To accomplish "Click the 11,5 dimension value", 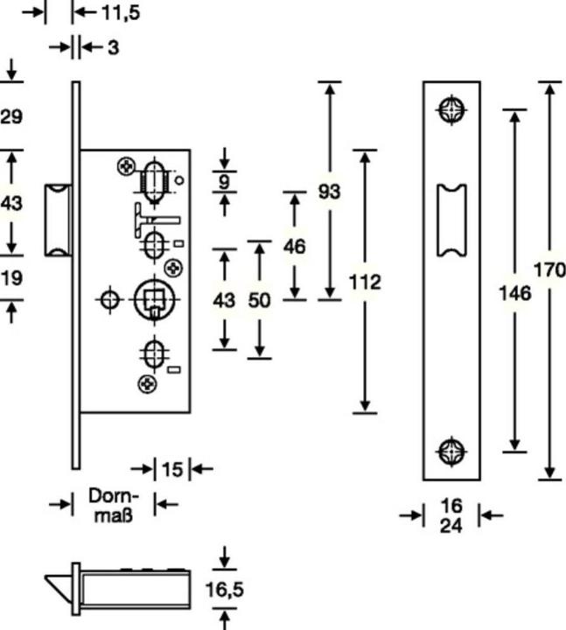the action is coord(121,12).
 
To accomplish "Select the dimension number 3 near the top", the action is coord(113,48).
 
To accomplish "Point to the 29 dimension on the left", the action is coord(11,116).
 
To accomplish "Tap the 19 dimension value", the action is coord(11,277).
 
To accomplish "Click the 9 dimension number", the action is coord(224,182).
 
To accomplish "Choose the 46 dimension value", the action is coord(295,246).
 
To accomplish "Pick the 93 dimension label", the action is coord(330,192).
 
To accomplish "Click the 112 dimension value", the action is coord(365,282).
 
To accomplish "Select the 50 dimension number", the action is coord(259,300).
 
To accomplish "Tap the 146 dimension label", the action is coord(515,293).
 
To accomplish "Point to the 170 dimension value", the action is coord(549,269).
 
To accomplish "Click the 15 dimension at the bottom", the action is coord(172,469).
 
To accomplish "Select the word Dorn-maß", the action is coord(114,505).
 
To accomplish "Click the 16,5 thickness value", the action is coord(225,590).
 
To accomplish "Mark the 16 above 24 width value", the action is coord(451,506).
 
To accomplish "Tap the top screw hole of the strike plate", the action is coord(451,109).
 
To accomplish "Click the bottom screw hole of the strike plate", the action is coord(451,451).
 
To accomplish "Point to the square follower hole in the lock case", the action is coord(155,299).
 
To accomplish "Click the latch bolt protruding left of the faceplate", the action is coord(59,220).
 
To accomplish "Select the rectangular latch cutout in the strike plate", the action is coord(451,220).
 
